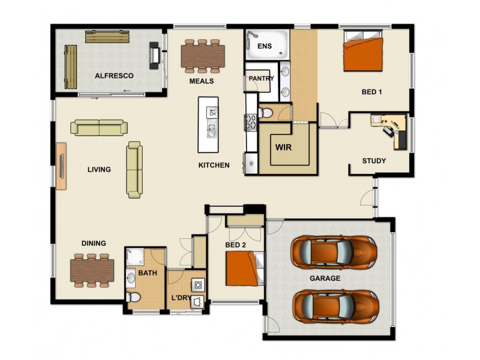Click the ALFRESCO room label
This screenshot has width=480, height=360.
(114, 76)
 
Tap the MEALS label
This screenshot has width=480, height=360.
(202, 81)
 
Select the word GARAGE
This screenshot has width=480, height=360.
(325, 278)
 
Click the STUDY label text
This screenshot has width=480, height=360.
(374, 161)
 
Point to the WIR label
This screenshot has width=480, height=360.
(283, 147)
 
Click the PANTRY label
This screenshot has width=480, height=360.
(261, 79)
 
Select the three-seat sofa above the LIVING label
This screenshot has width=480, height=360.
(99, 128)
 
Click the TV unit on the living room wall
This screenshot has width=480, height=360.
(62, 166)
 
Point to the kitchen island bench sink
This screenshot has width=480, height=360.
(212, 128)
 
